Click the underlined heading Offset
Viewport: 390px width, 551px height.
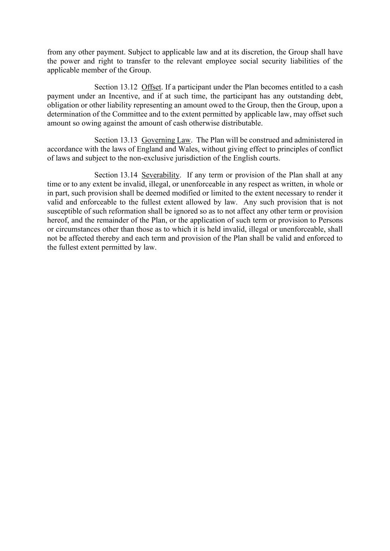[151, 87]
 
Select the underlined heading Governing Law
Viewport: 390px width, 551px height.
[166, 140]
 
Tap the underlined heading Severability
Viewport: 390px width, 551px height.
[160, 175]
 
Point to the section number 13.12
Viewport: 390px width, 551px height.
[129, 87]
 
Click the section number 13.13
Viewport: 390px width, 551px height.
[129, 140]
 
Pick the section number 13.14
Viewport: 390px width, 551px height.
[129, 175]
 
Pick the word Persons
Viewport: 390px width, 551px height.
[331, 220]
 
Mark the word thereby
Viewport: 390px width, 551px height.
[108, 238]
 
